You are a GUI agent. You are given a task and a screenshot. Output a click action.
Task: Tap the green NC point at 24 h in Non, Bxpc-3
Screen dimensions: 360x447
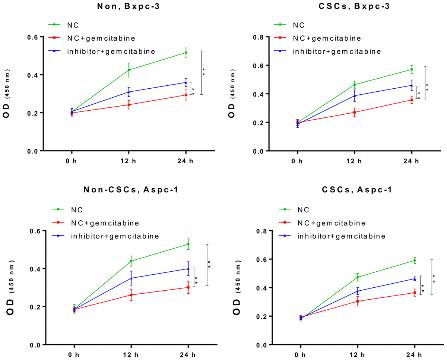186,53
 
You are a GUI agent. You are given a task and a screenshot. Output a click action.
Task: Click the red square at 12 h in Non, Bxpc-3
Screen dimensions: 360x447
129,105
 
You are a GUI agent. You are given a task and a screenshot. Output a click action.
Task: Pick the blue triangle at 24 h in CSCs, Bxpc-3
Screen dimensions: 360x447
412,85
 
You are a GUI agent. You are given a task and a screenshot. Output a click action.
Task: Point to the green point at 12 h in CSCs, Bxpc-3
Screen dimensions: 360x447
354,85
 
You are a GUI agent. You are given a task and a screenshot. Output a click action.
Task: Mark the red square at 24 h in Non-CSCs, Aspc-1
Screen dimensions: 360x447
188,287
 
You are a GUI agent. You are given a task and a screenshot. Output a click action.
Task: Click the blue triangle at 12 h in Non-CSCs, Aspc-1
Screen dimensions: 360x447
131,278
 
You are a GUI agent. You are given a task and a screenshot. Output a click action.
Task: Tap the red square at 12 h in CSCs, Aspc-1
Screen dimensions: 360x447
357,301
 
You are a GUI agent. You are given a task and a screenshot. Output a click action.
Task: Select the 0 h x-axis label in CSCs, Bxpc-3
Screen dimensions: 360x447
297,161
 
